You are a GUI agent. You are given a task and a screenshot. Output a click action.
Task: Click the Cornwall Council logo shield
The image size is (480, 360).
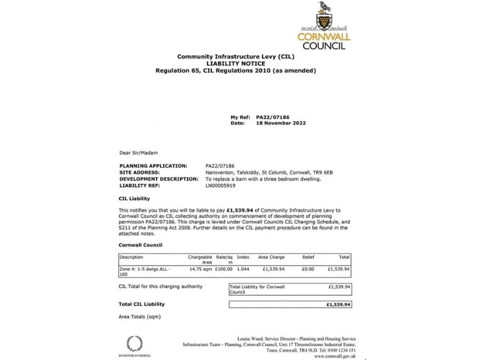[x=323, y=21]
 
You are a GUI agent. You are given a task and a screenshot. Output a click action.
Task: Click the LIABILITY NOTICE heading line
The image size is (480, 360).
[x=236, y=63]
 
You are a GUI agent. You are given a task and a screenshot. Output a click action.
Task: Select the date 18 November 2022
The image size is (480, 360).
[x=281, y=123]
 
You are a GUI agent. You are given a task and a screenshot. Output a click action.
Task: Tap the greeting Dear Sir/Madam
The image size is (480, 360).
[x=138, y=152]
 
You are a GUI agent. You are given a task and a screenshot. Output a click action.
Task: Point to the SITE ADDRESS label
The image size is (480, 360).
[x=139, y=172]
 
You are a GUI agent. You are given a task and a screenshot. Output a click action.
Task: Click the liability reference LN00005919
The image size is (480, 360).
[x=221, y=185]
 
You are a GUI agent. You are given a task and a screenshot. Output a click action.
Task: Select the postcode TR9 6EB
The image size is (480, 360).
[x=324, y=172]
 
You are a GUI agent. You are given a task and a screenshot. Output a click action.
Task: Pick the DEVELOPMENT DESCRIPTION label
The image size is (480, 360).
[x=159, y=179]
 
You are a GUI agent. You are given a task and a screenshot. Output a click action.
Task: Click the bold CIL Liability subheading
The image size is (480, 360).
[x=134, y=198]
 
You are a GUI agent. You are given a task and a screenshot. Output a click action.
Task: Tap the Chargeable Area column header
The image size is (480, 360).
[x=200, y=259]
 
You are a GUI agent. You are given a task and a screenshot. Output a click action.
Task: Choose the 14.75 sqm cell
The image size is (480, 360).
[x=201, y=269]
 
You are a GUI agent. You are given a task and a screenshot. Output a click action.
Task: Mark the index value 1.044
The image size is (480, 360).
[x=243, y=269]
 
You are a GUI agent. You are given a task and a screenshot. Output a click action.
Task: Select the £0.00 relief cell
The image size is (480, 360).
[x=307, y=269]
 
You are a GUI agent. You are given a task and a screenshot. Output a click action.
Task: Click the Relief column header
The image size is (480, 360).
[x=308, y=257]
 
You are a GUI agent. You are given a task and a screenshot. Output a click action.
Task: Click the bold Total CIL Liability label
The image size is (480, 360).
[x=142, y=304]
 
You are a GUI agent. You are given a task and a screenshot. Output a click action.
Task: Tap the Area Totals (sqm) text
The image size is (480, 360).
[x=139, y=317]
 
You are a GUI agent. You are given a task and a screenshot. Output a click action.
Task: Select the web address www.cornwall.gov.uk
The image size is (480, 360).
[x=336, y=356]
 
